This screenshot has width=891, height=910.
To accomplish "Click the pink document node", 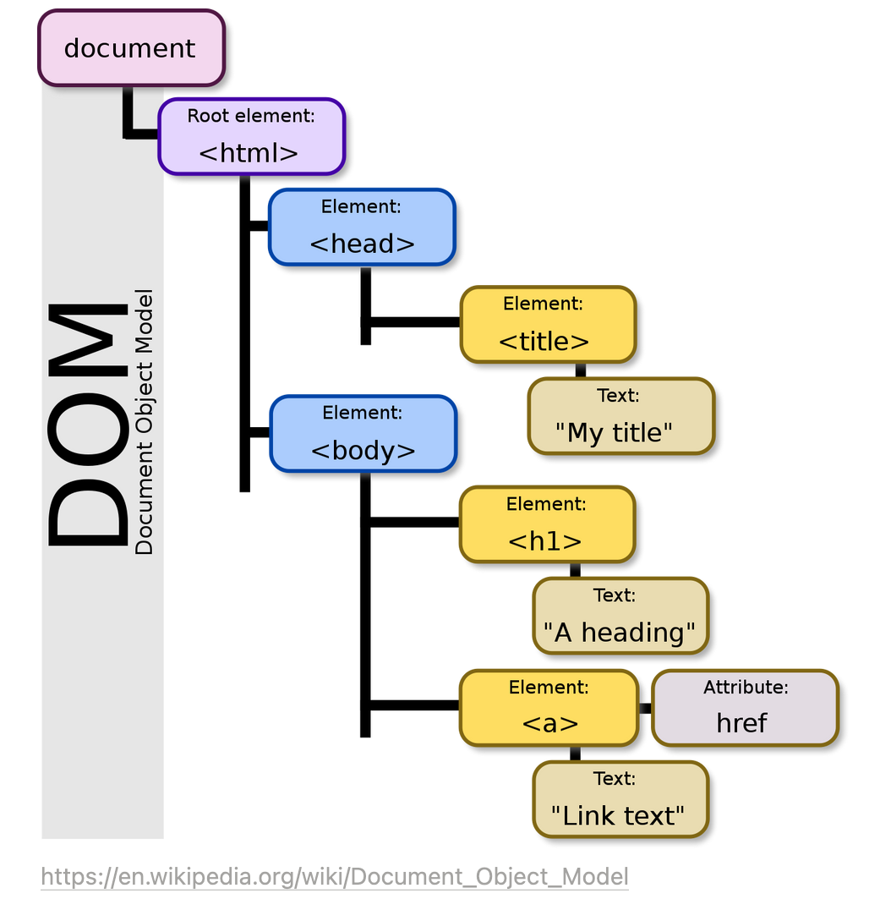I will (x=131, y=48).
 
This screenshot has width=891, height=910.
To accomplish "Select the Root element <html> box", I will (x=251, y=136).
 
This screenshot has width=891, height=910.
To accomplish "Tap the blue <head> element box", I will (x=362, y=227).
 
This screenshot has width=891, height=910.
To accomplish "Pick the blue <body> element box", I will (x=363, y=433).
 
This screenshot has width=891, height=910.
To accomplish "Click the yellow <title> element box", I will (x=547, y=325).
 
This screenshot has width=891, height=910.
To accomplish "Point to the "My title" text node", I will (x=620, y=416).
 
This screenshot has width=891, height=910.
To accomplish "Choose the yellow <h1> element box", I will (x=546, y=524).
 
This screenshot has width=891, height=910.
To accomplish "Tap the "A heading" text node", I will (x=620, y=616).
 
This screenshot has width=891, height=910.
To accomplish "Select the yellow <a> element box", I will (x=548, y=708).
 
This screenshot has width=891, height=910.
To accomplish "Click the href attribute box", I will (x=744, y=708).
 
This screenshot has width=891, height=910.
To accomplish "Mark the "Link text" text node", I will (x=620, y=799).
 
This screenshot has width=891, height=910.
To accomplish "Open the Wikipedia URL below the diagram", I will (x=334, y=876).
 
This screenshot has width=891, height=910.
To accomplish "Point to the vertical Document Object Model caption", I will (x=145, y=423).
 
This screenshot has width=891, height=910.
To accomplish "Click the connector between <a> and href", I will (x=645, y=708).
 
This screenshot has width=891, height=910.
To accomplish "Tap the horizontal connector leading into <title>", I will (x=414, y=322).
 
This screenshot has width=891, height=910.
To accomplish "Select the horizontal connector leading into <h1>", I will (x=414, y=522).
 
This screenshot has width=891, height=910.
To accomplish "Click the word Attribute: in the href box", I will (x=745, y=688).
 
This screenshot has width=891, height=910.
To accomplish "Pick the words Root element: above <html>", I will (x=251, y=116).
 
